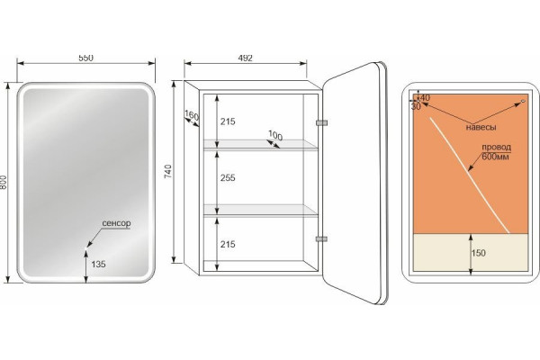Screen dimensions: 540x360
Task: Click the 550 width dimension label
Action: pos(85,58)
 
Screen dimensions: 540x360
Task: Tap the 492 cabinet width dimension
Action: pos(245,58)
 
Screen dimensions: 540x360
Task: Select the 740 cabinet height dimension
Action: pos(168,172)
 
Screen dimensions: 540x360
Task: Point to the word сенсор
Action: pos(116,223)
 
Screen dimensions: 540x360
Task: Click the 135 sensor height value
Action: pos(98,265)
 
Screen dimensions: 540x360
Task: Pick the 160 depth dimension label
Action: pos(192,115)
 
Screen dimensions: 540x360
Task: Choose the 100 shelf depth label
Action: pos(275,135)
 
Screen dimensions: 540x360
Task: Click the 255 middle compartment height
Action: pos(228,178)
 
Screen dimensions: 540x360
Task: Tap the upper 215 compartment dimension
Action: pos(228,121)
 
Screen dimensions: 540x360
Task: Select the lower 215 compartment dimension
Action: pos(228,244)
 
